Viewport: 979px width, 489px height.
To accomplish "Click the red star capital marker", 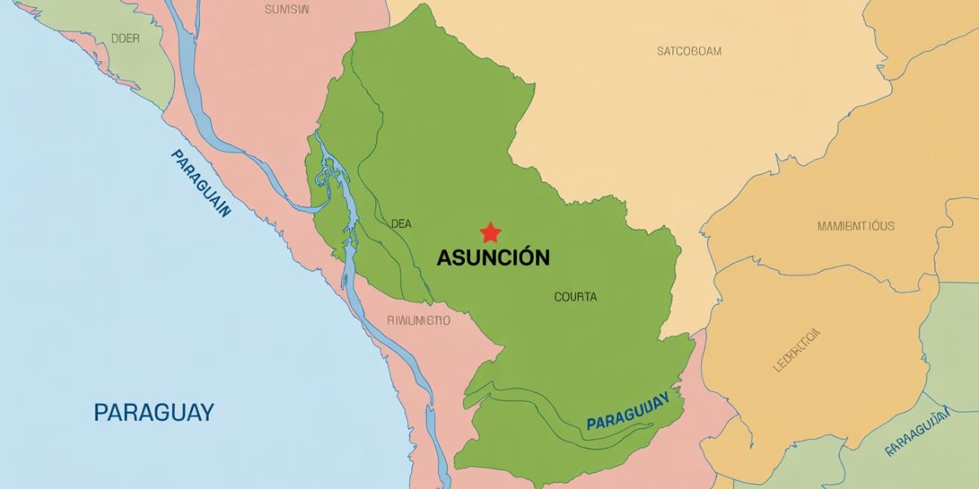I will pyautogui.click(x=489, y=232).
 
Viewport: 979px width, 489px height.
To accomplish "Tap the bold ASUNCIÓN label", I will pyautogui.click(x=493, y=258).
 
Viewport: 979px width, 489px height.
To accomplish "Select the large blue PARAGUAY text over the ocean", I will pyautogui.click(x=153, y=412).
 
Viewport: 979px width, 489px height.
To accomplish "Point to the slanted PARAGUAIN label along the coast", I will pyautogui.click(x=201, y=183).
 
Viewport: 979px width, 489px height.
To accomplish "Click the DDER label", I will pyautogui.click(x=125, y=38).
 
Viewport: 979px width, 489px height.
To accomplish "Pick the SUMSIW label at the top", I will pyautogui.click(x=286, y=10).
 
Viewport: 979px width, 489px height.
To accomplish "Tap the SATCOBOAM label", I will pyautogui.click(x=689, y=51).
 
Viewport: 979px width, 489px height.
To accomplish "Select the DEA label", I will pyautogui.click(x=401, y=223).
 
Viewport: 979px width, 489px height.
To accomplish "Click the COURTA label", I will pyautogui.click(x=575, y=297).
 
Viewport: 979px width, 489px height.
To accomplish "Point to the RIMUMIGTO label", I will pyautogui.click(x=418, y=320).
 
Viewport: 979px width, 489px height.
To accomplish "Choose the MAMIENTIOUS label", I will pyautogui.click(x=855, y=226).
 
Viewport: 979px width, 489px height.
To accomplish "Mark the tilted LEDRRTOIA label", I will pyautogui.click(x=796, y=350).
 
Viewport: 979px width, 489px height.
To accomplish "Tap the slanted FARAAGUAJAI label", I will pyautogui.click(x=918, y=431).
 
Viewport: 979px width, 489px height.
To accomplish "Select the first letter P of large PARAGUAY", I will pyautogui.click(x=100, y=412).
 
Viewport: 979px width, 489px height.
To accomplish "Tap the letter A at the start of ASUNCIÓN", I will pyautogui.click(x=445, y=258).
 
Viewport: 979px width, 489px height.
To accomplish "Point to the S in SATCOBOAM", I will pyautogui.click(x=660, y=51).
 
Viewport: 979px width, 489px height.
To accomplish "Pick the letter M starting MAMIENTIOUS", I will pyautogui.click(x=822, y=226).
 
